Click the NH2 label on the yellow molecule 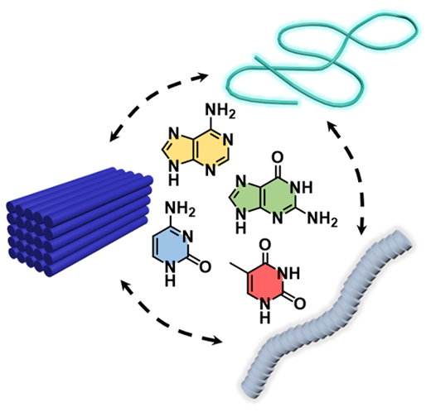(220, 111)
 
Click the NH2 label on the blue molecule (180, 209)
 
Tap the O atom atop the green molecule (278, 157)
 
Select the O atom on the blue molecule (205, 266)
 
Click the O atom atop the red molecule (265, 245)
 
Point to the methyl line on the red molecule (240, 268)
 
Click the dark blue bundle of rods (80, 222)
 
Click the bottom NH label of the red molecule (265, 311)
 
